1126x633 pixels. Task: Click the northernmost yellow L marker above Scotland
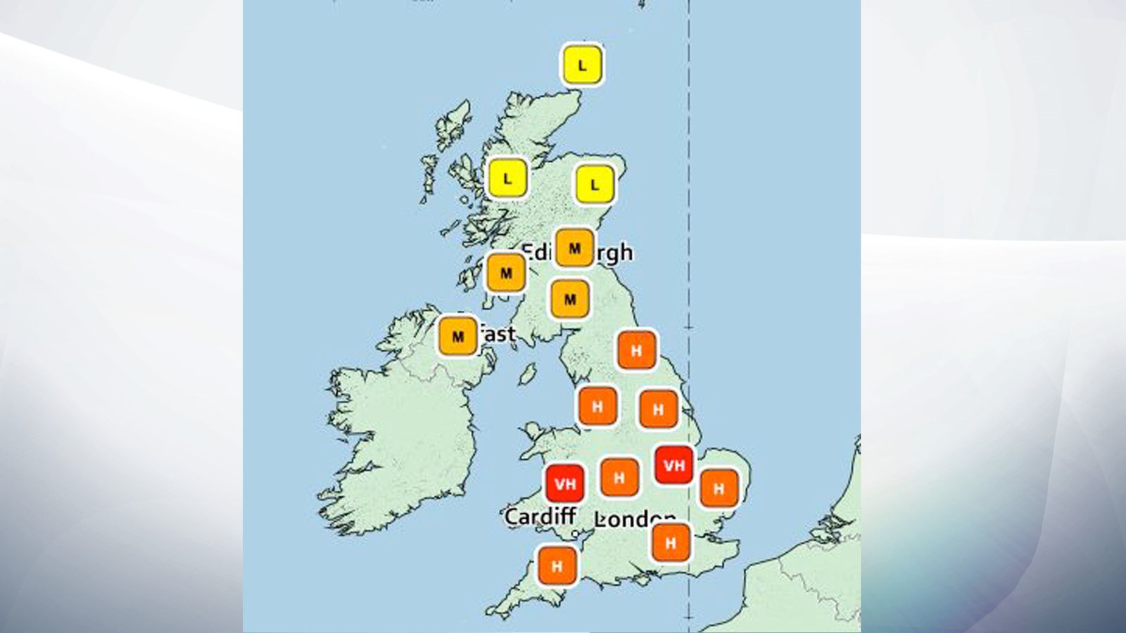pyautogui.click(x=582, y=65)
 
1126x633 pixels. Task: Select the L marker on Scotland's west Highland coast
pyautogui.click(x=507, y=179)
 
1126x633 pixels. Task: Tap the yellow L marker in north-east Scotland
pyautogui.click(x=595, y=185)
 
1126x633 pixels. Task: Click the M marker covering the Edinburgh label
pyautogui.click(x=574, y=248)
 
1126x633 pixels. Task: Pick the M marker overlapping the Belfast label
pyautogui.click(x=458, y=336)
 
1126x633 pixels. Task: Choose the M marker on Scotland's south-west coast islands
pyautogui.click(x=506, y=272)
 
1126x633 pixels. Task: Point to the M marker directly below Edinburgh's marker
pyautogui.click(x=570, y=300)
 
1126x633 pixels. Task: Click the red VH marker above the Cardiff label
pyautogui.click(x=565, y=483)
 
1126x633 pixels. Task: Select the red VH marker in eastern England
pyautogui.click(x=673, y=465)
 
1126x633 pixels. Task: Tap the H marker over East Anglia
pyautogui.click(x=719, y=488)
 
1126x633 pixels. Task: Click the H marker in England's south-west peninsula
pyautogui.click(x=557, y=565)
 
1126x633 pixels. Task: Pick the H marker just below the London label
pyautogui.click(x=671, y=542)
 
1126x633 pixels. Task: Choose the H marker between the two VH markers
pyautogui.click(x=619, y=478)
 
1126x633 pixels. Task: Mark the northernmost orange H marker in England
pyautogui.click(x=636, y=350)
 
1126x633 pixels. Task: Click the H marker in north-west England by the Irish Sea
pyautogui.click(x=597, y=406)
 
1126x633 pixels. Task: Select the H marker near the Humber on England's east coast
pyautogui.click(x=658, y=409)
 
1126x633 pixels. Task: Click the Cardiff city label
pyautogui.click(x=540, y=517)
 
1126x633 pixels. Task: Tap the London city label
pyautogui.click(x=633, y=519)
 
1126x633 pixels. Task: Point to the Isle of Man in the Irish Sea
pyautogui.click(x=527, y=373)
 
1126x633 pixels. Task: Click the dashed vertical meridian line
pyautogui.click(x=689, y=211)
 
